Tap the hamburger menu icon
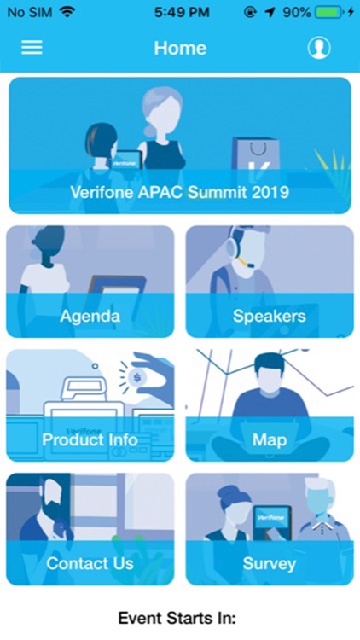32,48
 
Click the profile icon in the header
319,48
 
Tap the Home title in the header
180,48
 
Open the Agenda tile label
90,317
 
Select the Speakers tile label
269,317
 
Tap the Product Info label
90,440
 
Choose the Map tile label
269,440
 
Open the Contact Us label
90,563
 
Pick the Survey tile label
269,563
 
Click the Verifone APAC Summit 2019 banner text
180,192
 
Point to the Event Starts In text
177,617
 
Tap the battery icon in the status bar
330,13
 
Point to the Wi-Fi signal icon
67,13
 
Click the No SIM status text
28,13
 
